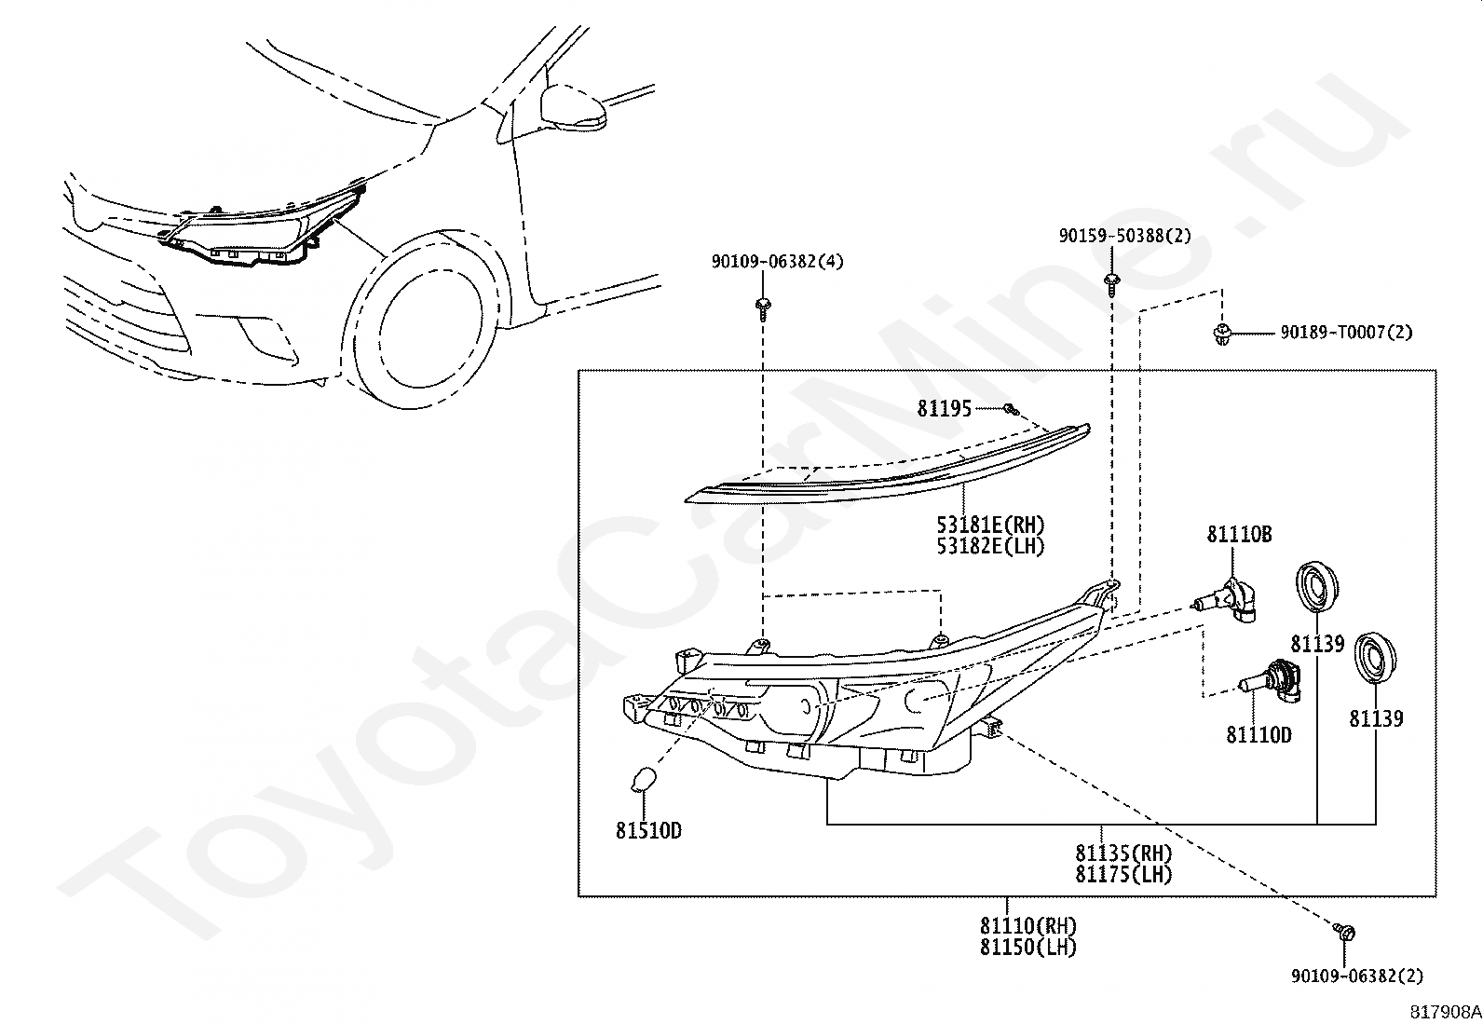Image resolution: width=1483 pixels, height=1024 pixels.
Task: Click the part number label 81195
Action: coord(944,409)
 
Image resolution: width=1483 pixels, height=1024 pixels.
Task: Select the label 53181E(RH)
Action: coord(990,526)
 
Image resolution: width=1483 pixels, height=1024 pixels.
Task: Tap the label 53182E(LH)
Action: coord(990,546)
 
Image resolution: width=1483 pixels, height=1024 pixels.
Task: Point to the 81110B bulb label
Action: coord(1239,535)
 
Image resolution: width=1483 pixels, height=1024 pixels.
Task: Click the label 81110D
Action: coord(1259,735)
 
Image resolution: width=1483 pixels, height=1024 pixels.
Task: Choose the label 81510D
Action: coord(648,830)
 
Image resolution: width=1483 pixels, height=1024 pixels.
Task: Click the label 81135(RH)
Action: coord(1123,853)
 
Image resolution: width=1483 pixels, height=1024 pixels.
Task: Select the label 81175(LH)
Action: coord(1123,874)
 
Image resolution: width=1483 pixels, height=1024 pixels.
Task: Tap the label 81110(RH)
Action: coord(1028,925)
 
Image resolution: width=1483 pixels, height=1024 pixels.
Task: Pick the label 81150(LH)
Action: coord(1028,948)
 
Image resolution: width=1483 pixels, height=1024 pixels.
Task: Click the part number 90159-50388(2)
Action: coord(1125,236)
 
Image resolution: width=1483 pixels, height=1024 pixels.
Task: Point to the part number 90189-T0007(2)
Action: coord(1347,333)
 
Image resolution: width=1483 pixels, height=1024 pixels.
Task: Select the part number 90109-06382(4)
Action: coord(778,262)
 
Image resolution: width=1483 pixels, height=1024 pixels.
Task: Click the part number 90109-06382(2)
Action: coord(1357,976)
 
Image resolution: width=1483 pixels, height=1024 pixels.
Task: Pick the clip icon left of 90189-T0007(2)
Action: coord(1221,334)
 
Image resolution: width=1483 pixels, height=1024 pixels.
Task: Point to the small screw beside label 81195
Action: coord(1011,410)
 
